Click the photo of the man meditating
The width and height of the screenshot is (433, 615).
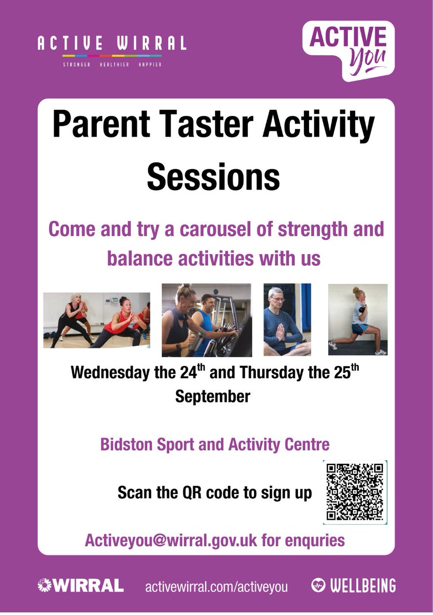coord(287,320)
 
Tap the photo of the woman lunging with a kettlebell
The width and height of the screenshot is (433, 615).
coord(357,319)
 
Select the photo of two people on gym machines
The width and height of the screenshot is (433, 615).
coord(206,320)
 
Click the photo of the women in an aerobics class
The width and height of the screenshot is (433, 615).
coord(96,320)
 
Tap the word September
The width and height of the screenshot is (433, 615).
coord(212,396)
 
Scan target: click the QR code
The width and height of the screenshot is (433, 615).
coord(355,492)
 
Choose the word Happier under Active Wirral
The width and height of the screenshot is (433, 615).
coord(150,65)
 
